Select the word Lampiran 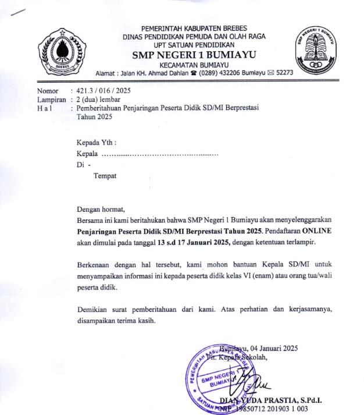point(51,100)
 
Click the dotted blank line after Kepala point(160,154)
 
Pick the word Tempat point(105,176)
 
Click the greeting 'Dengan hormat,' point(101,210)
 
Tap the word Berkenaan point(95,264)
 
